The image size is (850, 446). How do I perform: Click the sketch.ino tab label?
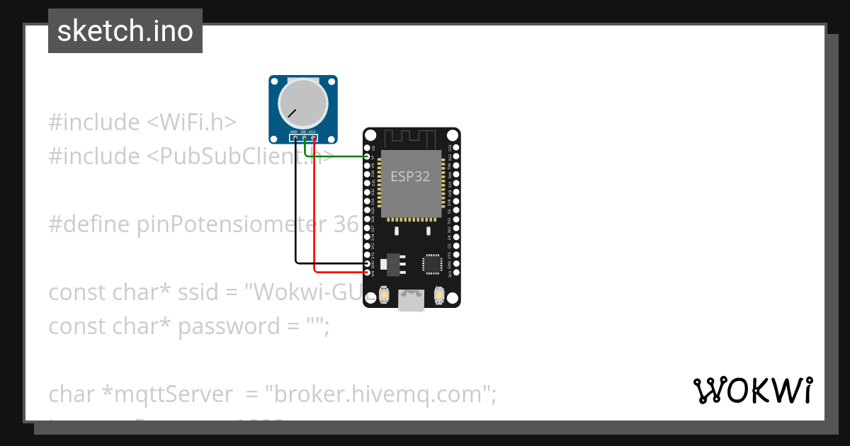(x=125, y=31)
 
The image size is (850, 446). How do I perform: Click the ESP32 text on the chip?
(x=410, y=177)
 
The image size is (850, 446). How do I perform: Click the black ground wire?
(x=296, y=212)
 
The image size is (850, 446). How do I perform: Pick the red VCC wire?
(x=314, y=212)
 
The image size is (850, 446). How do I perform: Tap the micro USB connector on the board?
(x=412, y=300)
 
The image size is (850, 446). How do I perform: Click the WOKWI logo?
(x=752, y=391)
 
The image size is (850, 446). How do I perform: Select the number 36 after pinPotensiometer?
(x=345, y=224)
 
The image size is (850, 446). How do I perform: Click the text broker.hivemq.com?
(x=378, y=394)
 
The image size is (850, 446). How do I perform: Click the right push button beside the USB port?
(x=438, y=293)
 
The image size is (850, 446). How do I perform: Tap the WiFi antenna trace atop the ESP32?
(x=412, y=137)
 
